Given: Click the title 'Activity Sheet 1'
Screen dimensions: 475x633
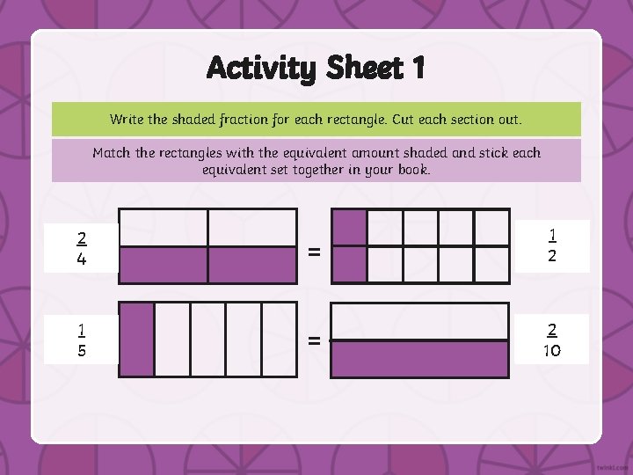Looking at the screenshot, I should [316, 68].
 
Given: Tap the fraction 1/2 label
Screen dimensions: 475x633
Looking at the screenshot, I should [551, 245].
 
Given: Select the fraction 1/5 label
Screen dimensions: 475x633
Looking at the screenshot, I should [82, 340].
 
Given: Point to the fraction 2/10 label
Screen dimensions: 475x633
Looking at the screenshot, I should [551, 340].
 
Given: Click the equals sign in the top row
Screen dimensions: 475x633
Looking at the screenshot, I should [314, 252].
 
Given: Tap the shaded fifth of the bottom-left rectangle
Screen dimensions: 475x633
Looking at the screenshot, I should [137, 340].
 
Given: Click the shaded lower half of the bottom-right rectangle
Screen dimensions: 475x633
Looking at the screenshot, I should [419, 359].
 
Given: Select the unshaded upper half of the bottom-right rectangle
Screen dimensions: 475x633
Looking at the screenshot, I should [419, 321].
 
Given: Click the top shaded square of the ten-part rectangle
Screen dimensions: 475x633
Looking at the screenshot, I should [349, 227].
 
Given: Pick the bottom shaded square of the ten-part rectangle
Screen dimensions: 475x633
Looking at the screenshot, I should [349, 264].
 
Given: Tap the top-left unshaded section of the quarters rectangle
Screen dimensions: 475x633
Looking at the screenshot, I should [164, 228].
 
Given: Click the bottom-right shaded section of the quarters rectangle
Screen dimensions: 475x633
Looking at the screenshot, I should [252, 265].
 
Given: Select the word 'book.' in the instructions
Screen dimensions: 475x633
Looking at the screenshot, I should [411, 169].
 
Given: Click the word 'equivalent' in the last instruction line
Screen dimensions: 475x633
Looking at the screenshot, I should [237, 169].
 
